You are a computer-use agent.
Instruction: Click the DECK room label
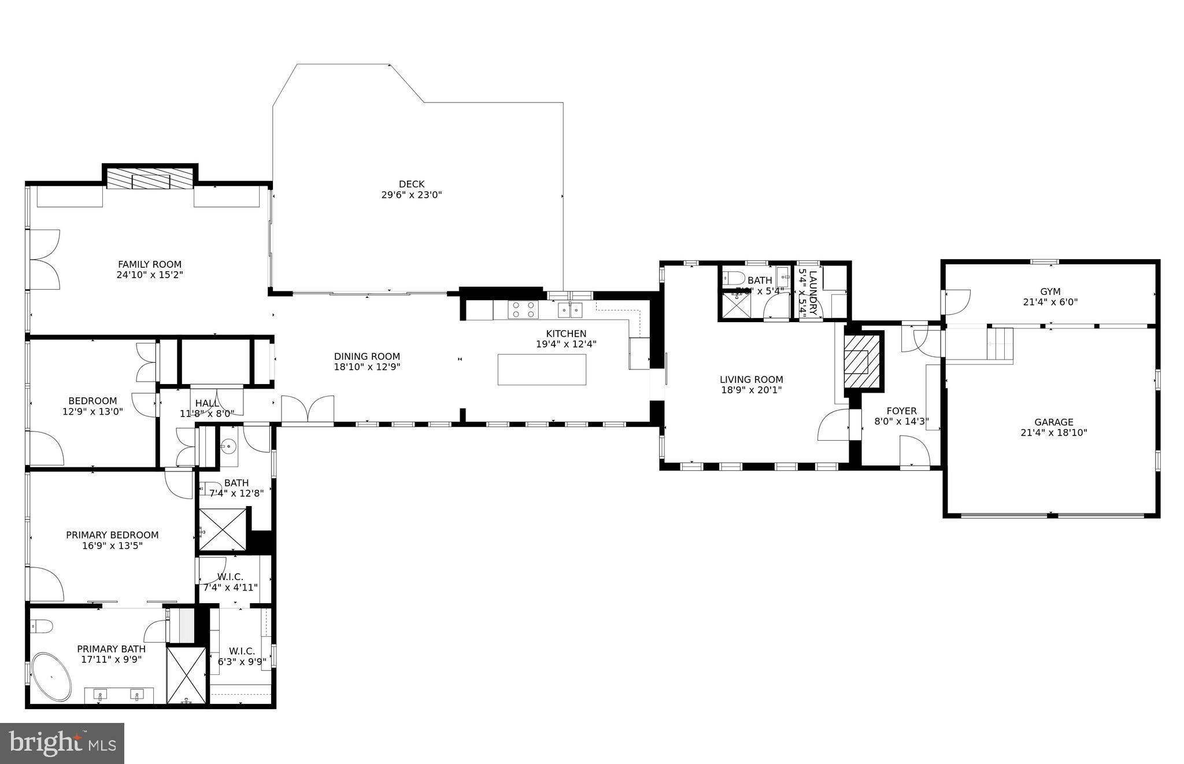coord(411,184)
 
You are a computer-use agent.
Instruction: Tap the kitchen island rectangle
coord(542,369)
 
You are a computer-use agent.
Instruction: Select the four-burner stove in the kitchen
coord(523,309)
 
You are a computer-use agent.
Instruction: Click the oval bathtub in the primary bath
coord(51,677)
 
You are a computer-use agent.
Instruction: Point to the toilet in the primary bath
coord(41,626)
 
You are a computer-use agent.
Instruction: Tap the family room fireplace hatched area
coord(150,179)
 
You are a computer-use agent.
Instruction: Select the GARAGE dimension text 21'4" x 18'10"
coord(1053,433)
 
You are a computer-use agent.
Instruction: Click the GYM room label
coord(1050,291)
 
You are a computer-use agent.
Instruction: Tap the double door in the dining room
coord(308,408)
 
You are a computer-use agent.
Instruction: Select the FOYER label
coord(901,411)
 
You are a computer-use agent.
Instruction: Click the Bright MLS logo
coord(62,743)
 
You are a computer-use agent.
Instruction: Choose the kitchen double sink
coord(569,310)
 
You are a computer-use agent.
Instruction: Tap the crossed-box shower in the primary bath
coord(186,675)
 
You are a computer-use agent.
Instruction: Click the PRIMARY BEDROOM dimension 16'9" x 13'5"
coord(112,545)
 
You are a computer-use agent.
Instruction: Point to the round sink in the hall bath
coord(228,446)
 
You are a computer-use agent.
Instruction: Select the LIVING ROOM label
coord(751,379)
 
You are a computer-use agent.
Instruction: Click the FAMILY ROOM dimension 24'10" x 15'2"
coord(150,275)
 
